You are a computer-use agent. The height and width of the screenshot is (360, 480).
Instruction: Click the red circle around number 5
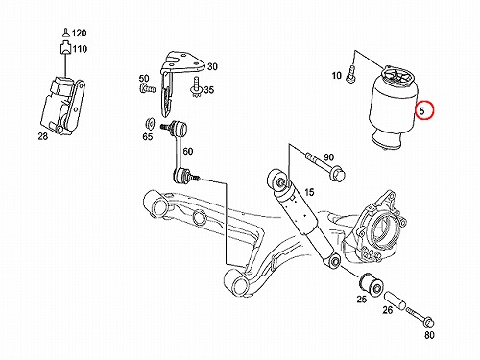point(424,110)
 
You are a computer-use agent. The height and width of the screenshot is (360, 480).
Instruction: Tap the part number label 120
point(79,33)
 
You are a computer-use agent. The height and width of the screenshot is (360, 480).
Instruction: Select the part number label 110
point(80,49)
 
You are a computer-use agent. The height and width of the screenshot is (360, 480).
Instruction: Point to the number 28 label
point(42,136)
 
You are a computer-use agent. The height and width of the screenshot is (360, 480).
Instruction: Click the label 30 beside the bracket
point(212,66)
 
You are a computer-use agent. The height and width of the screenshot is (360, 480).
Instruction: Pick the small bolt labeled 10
point(352,73)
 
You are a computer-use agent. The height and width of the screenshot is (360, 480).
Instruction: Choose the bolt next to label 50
point(148,88)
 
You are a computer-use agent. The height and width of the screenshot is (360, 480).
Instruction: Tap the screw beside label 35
point(196,87)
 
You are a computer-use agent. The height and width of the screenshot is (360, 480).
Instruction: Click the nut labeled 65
point(150,124)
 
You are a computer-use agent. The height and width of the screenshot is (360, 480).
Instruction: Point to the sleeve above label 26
point(395,300)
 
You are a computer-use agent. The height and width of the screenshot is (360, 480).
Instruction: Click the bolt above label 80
point(420,316)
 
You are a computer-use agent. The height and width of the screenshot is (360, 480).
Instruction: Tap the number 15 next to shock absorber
point(309,192)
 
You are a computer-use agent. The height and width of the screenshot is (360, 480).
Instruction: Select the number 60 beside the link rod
point(188,151)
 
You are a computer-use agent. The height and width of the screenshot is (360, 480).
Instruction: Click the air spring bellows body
point(393,108)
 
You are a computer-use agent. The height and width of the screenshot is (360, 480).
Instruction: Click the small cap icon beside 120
point(65,33)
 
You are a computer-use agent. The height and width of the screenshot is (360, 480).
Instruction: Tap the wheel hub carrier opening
point(383,230)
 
